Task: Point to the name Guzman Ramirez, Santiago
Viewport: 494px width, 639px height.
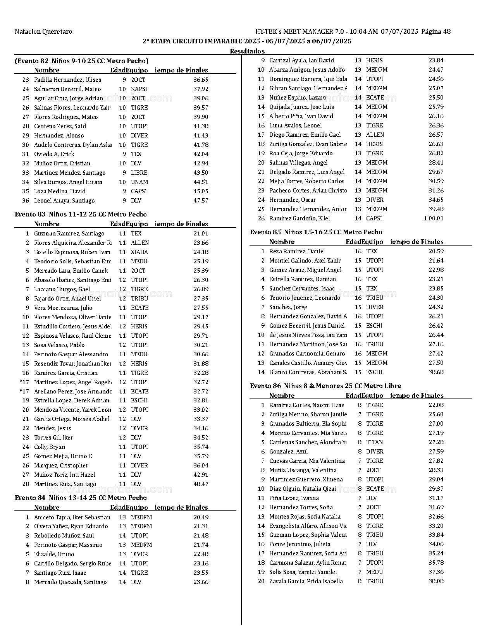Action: click(x=69, y=234)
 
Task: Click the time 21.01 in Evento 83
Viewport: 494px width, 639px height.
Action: click(x=201, y=234)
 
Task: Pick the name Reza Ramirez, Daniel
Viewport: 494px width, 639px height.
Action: click(x=297, y=251)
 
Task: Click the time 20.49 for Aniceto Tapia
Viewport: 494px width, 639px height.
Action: click(x=201, y=517)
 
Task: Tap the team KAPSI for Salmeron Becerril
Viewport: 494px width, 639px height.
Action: click(x=139, y=89)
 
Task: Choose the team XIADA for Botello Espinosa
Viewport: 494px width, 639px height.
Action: click(x=139, y=252)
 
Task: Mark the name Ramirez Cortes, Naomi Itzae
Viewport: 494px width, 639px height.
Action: click(x=306, y=405)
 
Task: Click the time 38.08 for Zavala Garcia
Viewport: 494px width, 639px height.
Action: click(x=436, y=581)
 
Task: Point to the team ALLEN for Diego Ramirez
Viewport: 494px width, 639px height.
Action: click(x=375, y=135)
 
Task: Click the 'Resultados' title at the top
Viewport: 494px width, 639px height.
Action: click(x=247, y=51)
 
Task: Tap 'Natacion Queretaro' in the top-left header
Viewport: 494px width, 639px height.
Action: click(x=43, y=32)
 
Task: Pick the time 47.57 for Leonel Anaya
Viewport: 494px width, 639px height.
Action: click(x=201, y=201)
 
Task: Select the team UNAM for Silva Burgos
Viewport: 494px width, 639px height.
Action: click(x=139, y=182)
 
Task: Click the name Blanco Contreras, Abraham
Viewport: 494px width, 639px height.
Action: click(x=308, y=372)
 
